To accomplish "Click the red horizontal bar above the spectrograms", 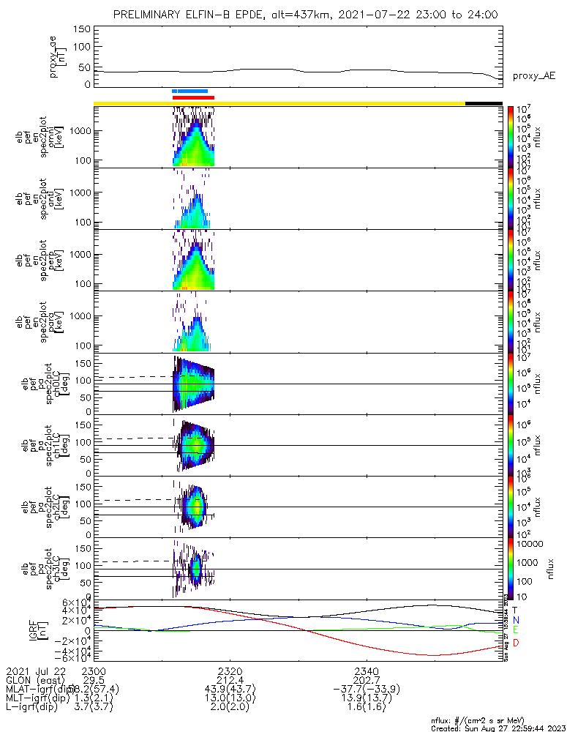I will click(193, 97).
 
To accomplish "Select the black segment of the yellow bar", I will click(484, 103).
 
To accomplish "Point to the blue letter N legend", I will click(515, 619).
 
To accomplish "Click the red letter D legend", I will click(515, 643).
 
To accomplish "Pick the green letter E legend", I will click(515, 630).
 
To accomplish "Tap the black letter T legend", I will click(515, 609).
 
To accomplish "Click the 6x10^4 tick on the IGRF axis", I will click(75, 602).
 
